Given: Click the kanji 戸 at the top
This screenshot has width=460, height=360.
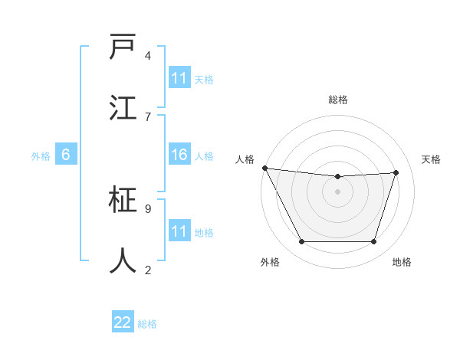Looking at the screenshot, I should (x=123, y=47).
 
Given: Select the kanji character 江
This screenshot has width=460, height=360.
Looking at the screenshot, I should (x=123, y=108).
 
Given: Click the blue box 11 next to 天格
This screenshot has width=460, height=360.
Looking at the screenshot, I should (x=179, y=78).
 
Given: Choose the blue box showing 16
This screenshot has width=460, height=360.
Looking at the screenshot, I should (x=179, y=155).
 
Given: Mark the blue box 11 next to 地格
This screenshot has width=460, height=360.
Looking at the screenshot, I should (x=179, y=231).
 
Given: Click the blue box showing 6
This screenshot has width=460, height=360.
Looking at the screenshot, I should (x=66, y=155).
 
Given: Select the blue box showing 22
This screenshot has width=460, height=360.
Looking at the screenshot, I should (x=123, y=322).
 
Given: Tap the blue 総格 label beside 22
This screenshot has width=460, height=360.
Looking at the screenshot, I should (x=147, y=324).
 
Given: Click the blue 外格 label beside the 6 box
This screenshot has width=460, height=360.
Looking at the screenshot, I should (x=41, y=156).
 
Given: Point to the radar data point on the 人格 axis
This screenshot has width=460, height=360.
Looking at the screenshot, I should (x=264, y=168).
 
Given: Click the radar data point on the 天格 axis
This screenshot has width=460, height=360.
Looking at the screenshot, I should (x=396, y=172).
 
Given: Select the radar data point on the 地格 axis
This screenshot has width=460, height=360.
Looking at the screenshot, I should (x=373, y=242).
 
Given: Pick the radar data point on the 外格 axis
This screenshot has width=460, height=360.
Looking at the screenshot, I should (x=301, y=242).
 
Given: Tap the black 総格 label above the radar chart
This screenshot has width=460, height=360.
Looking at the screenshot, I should (x=337, y=100).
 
